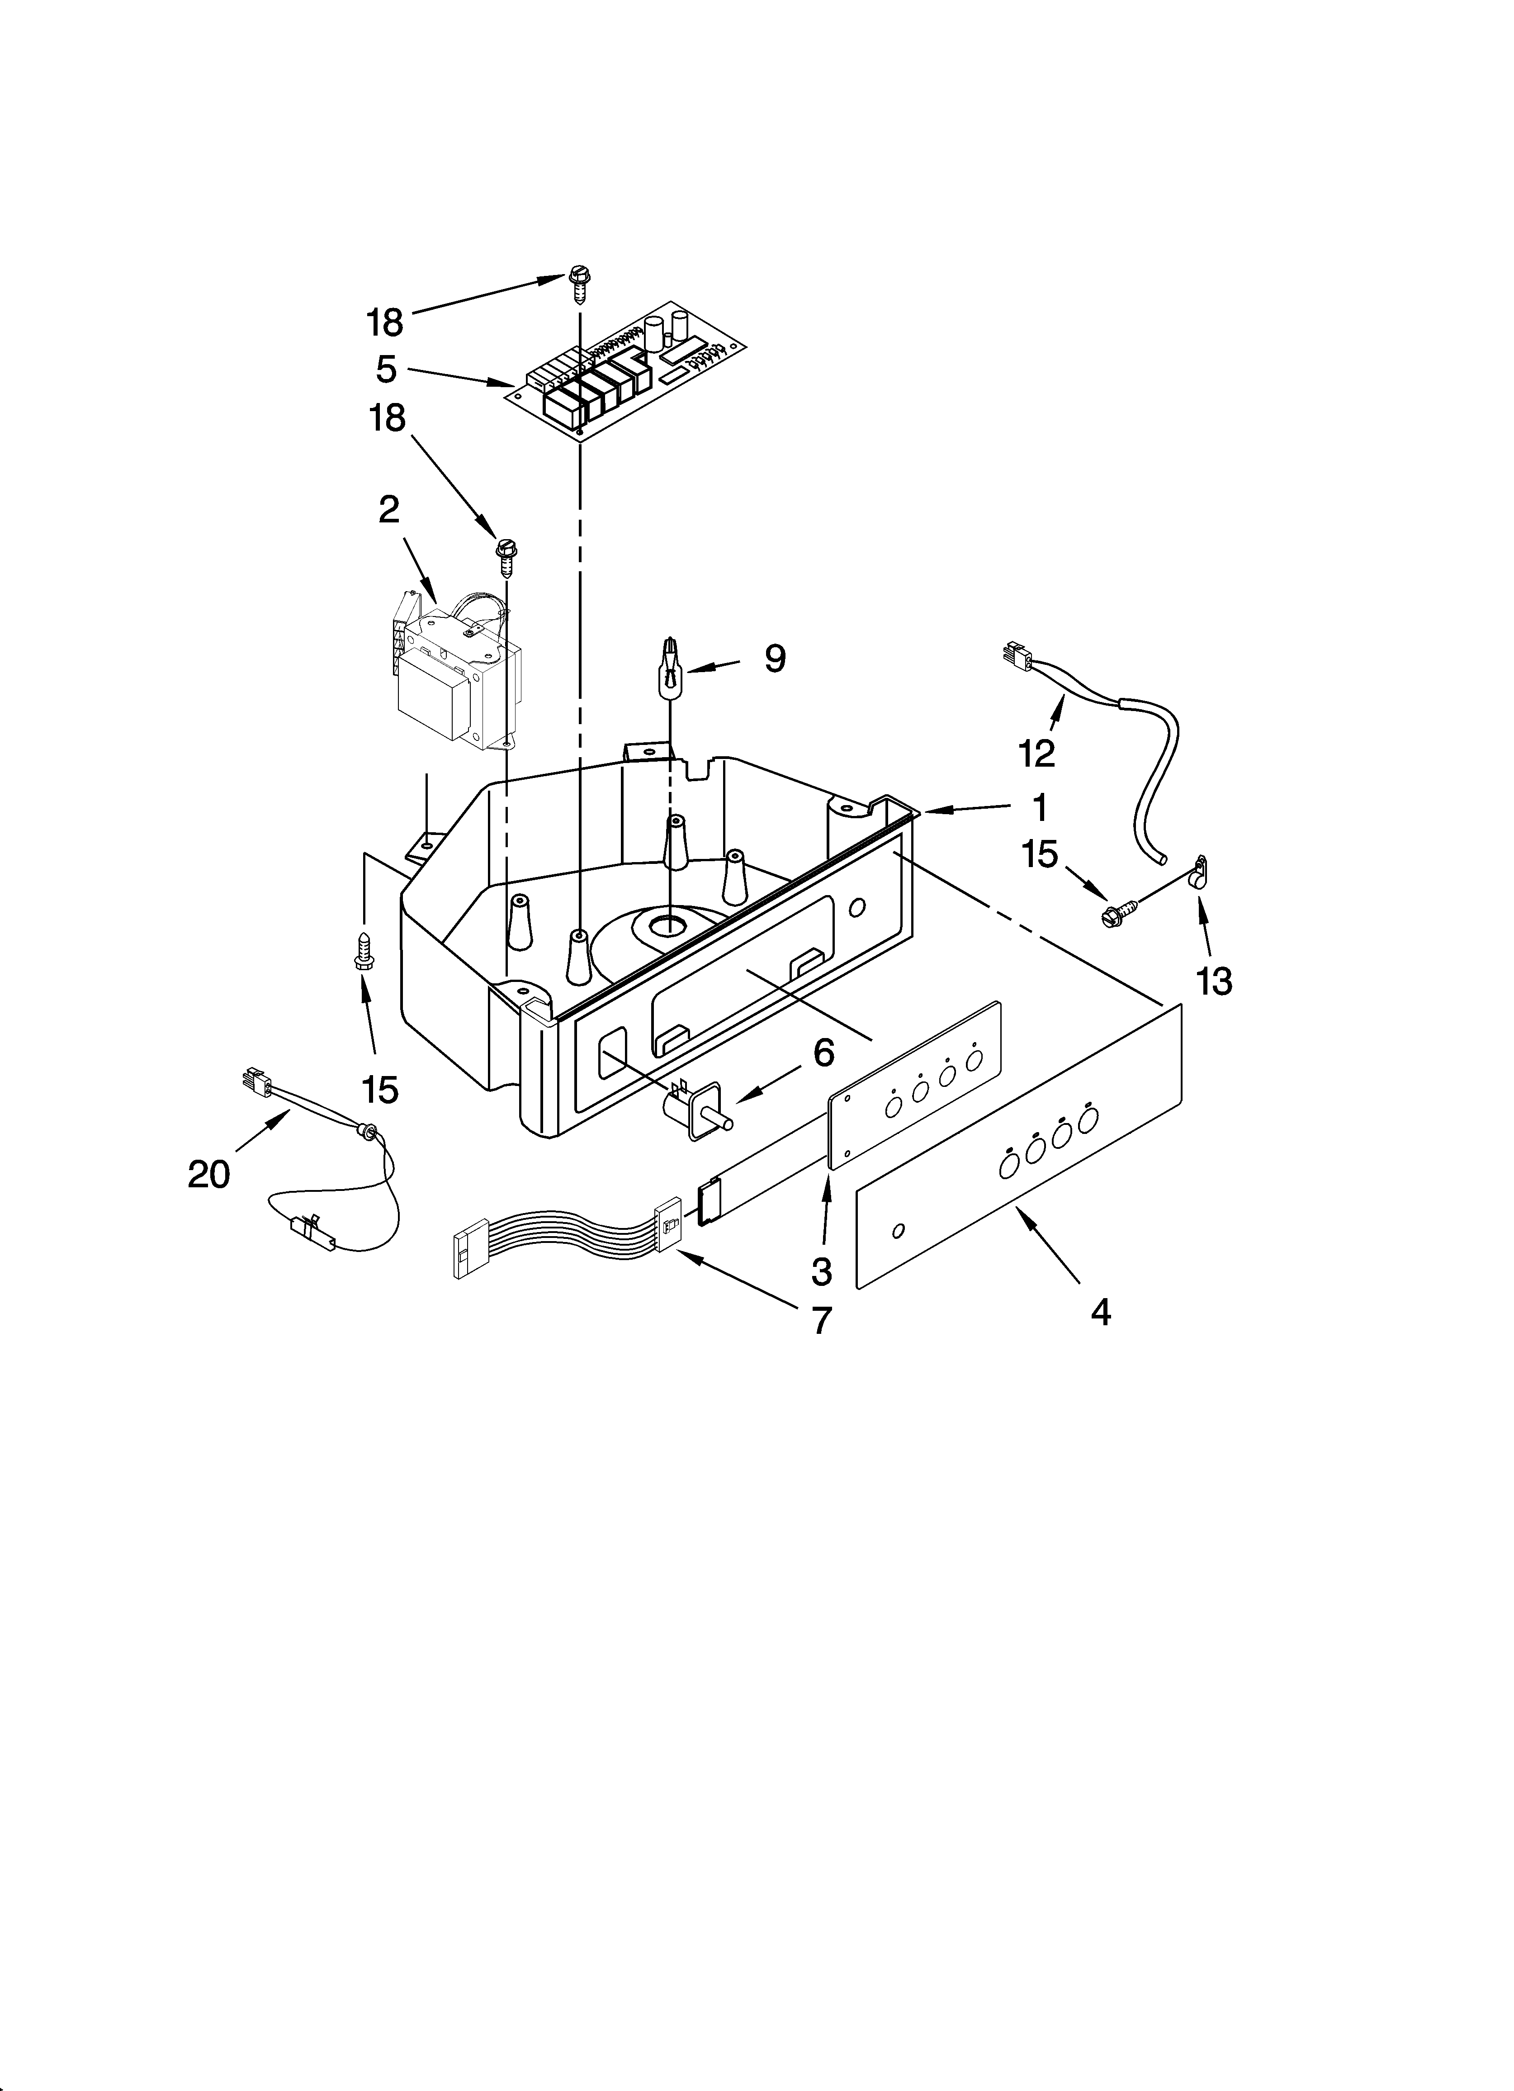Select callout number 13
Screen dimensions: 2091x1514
[1214, 983]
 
